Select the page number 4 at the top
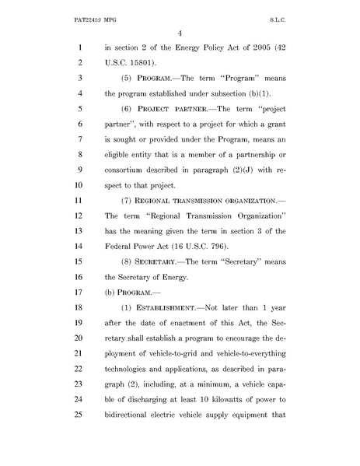[179, 31]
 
